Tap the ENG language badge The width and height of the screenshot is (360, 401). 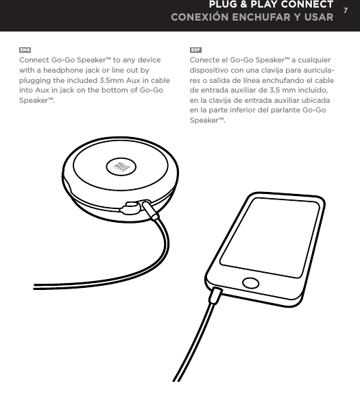pyautogui.click(x=25, y=51)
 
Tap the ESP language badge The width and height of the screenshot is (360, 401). pyautogui.click(x=195, y=51)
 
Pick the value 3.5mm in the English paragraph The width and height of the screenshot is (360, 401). pyautogui.click(x=108, y=80)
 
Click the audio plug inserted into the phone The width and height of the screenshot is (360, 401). pyautogui.click(x=217, y=297)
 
